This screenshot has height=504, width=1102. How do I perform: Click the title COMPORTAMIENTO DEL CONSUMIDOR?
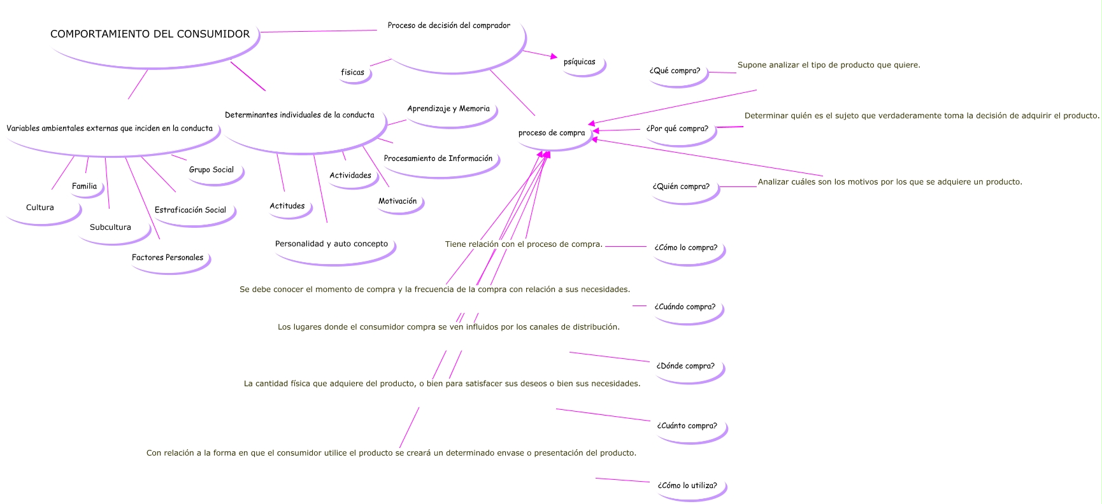[x=150, y=34]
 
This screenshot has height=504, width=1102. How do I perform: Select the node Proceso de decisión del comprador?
[x=448, y=26]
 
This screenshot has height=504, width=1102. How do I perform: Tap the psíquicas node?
[x=579, y=62]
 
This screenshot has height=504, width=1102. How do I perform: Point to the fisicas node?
[x=352, y=73]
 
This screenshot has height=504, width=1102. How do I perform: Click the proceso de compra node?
[x=552, y=133]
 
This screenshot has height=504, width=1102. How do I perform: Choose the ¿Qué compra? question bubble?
[x=675, y=71]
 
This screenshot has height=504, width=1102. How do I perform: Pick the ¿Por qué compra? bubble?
[x=677, y=129]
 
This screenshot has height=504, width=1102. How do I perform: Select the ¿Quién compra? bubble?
[x=680, y=187]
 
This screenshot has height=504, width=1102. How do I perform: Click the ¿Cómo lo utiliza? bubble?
[x=687, y=486]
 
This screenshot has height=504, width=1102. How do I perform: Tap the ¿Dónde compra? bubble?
[x=685, y=367]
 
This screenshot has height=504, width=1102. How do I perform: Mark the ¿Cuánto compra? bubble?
[x=687, y=426]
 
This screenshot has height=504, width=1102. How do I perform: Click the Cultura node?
[x=40, y=208]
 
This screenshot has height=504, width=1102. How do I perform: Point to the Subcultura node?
[x=110, y=228]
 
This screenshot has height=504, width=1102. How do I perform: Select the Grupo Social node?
[x=211, y=170]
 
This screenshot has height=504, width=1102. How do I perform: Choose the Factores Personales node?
[x=168, y=258]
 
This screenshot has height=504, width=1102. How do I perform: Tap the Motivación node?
[x=397, y=202]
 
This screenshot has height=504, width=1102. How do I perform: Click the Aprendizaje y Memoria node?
[x=448, y=109]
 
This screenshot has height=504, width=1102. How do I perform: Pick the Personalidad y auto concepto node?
[x=331, y=244]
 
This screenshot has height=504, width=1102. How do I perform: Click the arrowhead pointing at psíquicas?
[x=554, y=57]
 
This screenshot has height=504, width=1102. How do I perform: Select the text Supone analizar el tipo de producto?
[x=828, y=65]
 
